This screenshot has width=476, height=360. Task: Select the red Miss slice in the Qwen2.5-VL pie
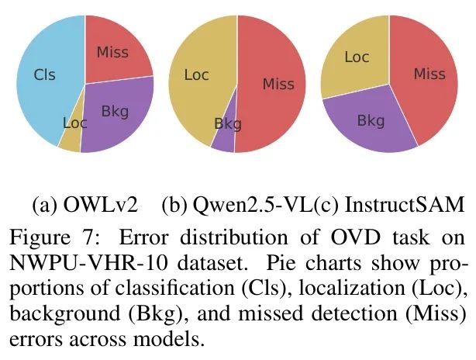pyautogui.click(x=275, y=84)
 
